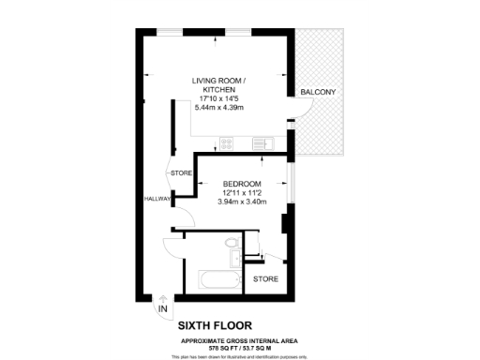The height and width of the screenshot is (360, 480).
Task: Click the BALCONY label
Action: (x=318, y=92)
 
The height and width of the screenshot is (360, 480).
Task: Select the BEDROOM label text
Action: (x=242, y=184)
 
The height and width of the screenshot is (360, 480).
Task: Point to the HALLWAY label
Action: (x=157, y=199)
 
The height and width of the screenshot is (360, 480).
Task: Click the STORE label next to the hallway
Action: (x=181, y=173)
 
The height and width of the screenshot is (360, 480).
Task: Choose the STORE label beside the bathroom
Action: (x=266, y=278)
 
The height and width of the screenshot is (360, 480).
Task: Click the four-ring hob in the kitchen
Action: (x=227, y=143)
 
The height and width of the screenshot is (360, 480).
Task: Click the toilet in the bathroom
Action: (x=233, y=245)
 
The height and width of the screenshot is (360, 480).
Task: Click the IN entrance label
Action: (x=163, y=308)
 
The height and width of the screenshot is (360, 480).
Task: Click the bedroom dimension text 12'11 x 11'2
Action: (x=242, y=193)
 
